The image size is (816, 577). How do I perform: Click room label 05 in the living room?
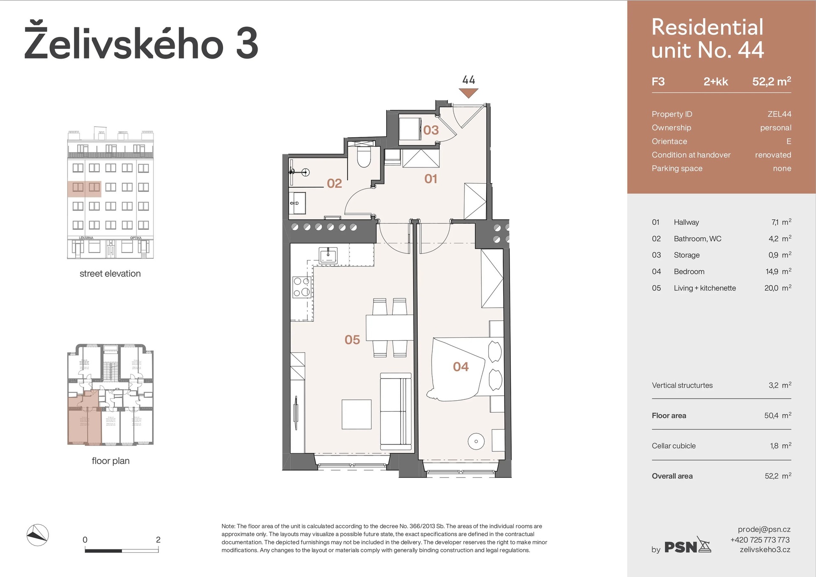coord(352,339)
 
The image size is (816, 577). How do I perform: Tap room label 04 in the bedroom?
coord(461,367)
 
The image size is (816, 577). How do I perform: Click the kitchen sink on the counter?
coord(328,255)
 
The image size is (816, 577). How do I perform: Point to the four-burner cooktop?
coord(302,287)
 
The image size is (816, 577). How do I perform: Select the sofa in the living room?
coord(396,411)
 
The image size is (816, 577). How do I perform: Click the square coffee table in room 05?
coord(356,414)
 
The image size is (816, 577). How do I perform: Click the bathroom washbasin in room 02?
coord(298,203)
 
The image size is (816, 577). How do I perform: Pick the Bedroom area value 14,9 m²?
coord(778,272)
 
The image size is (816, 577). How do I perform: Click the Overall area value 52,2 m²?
coord(777,476)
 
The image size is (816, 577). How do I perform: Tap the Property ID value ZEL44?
coord(779,114)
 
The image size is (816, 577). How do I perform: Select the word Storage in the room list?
coord(686,255)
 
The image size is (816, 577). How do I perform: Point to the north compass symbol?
coord(37,535)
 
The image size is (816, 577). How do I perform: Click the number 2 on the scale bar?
coord(158,540)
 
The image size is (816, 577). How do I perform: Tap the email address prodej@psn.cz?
coord(764,529)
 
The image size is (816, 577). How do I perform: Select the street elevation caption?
coord(110,274)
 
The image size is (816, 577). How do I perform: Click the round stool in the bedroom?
coord(476,441)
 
